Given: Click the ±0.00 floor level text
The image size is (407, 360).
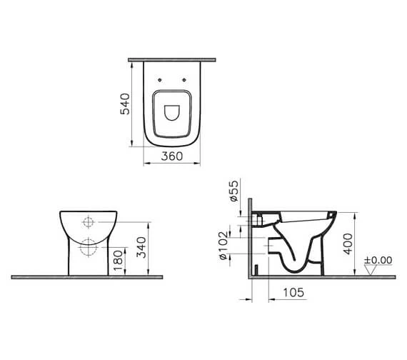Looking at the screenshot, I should coord(378,260).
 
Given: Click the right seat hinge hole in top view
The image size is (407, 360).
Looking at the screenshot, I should coord(184,80).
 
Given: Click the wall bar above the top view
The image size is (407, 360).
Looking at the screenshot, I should coord(171,59).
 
